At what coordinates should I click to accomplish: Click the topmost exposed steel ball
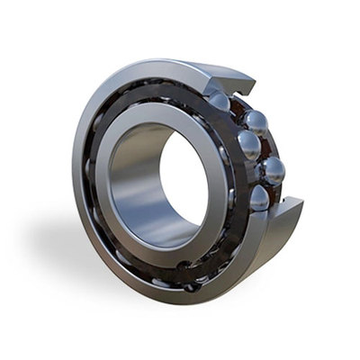pyautogui.click(x=220, y=100)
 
